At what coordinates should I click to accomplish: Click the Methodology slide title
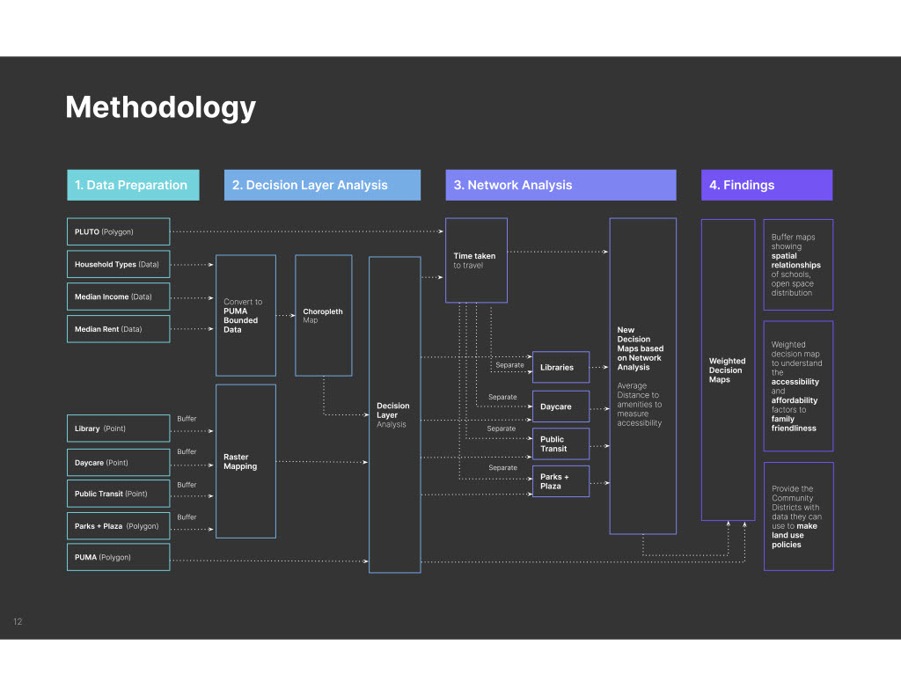160,107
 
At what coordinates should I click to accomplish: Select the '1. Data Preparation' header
134,185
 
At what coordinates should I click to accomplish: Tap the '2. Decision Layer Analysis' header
322,185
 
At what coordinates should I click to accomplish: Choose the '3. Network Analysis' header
560,185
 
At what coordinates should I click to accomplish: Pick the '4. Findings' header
766,185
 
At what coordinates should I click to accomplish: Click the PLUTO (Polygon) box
119,231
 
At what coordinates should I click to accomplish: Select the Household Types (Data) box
119,264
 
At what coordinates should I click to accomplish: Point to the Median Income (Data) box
119,297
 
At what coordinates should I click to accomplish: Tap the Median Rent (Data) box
119,329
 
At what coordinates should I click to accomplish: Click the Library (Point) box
119,429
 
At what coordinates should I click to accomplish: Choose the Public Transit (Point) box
119,494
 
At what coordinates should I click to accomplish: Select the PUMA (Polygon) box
119,557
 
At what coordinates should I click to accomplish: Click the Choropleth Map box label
323,316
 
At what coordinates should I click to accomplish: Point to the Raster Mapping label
240,462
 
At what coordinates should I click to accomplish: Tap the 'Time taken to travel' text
474,260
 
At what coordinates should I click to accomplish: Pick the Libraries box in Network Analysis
560,367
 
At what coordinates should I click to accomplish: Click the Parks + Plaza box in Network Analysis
560,481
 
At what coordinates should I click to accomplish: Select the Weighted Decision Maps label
727,370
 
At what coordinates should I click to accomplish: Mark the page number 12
18,621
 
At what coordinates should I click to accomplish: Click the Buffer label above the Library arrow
187,419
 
